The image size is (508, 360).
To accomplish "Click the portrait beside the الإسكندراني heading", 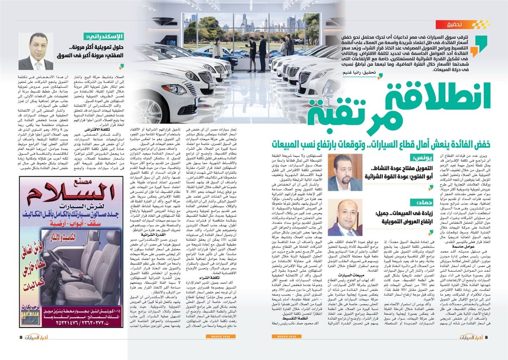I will tap(36, 51).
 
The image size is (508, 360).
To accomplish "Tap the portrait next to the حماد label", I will tap(345, 217).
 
